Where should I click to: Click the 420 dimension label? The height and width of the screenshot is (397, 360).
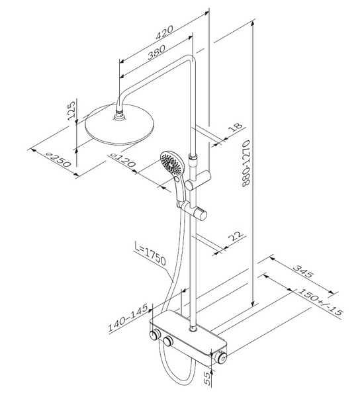tap(164, 32)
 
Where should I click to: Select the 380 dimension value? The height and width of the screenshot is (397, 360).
tap(156, 52)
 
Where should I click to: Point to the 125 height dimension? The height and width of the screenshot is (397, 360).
tap(71, 110)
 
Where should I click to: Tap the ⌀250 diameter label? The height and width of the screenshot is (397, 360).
tap(58, 160)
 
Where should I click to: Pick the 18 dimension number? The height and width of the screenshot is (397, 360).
tap(236, 127)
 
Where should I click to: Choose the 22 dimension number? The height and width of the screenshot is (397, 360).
tap(236, 236)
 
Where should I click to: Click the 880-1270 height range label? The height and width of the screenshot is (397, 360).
tap(246, 163)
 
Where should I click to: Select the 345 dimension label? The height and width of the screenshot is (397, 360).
tap(303, 271)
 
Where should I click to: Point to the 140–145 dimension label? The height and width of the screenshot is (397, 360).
tap(128, 318)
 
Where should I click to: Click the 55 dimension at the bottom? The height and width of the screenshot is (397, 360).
tap(207, 378)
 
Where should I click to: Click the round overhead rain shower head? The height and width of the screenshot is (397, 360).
tap(120, 124)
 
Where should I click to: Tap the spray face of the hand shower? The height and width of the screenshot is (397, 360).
tap(171, 163)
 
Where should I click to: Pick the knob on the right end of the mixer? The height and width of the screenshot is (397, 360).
tap(221, 358)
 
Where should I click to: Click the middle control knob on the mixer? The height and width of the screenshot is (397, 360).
tap(168, 341)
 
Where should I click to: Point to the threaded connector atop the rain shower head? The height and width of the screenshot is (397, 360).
tap(119, 114)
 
